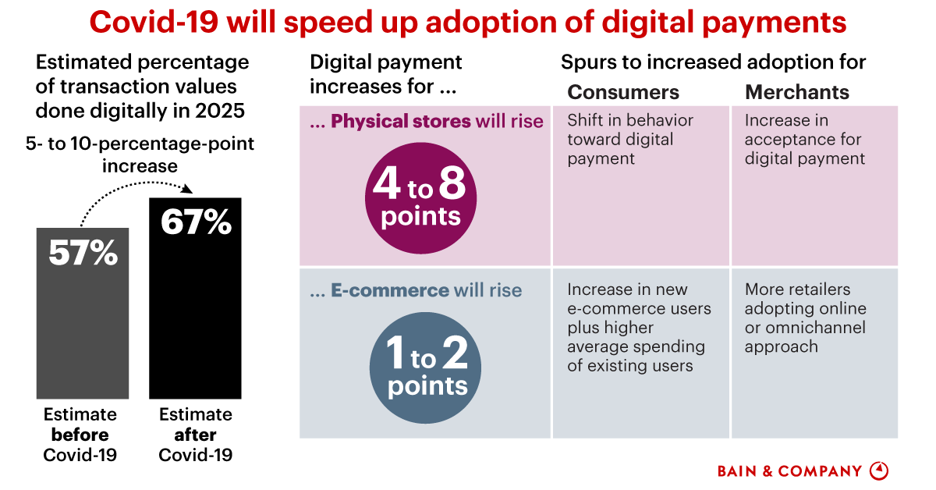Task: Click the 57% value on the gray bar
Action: tap(83, 253)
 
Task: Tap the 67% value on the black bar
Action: tap(196, 222)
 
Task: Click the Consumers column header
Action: tap(623, 92)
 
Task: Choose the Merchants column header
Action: tap(797, 92)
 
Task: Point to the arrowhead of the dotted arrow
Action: tap(188, 189)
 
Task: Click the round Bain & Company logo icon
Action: tap(878, 470)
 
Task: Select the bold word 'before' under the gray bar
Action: tap(80, 435)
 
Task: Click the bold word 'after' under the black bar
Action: tap(195, 435)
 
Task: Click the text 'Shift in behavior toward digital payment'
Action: tap(630, 140)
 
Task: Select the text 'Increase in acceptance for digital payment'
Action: tap(804, 140)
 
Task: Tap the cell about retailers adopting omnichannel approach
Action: tap(805, 318)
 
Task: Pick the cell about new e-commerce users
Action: tap(639, 328)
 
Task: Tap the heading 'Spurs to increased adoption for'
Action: tap(713, 62)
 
